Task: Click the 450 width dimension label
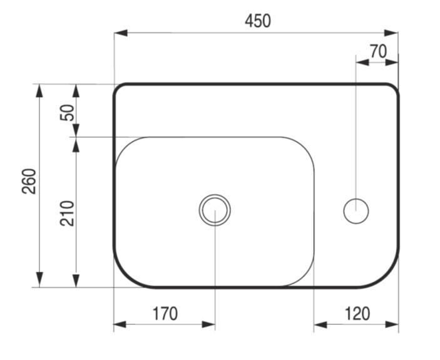(x=258, y=21)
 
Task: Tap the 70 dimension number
(x=378, y=51)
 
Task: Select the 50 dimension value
(x=68, y=113)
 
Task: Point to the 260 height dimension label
(x=29, y=182)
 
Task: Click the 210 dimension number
(x=68, y=213)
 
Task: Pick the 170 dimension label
(x=165, y=314)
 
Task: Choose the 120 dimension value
(x=357, y=314)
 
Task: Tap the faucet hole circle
(x=356, y=198)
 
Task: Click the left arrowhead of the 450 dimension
(x=121, y=33)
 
